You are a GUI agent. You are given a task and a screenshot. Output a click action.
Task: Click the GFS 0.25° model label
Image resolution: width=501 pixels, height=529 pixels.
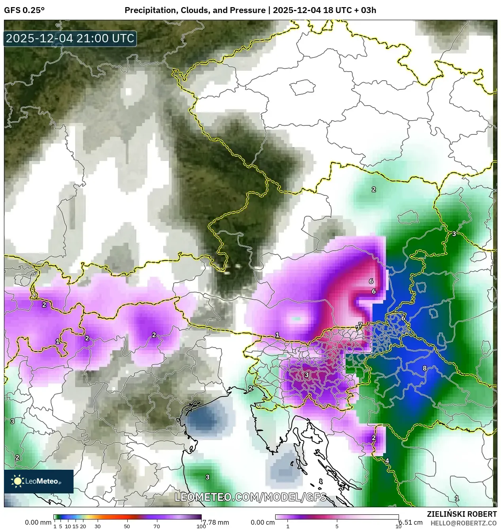(24, 10)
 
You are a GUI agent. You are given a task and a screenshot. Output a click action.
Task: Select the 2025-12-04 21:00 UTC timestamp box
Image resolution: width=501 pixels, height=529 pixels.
(70, 38)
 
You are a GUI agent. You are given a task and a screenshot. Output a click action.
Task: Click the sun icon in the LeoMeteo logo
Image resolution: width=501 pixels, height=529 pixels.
(17, 481)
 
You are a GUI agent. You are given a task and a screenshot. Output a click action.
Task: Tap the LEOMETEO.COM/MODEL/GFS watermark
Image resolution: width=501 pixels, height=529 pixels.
(251, 497)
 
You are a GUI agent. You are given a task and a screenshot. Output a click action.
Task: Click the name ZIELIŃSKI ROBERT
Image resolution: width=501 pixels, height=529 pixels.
(461, 514)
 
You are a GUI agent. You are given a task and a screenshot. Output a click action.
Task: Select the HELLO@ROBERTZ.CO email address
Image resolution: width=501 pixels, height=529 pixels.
(463, 523)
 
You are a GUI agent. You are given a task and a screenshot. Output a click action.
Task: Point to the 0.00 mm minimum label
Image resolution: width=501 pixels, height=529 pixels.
(38, 522)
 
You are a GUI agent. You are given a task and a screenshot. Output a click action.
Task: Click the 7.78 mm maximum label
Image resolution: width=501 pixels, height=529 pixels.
(216, 522)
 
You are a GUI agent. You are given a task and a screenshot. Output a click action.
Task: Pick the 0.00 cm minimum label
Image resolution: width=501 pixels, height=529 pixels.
(263, 522)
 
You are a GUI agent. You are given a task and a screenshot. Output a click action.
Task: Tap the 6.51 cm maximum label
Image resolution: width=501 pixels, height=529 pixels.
(411, 522)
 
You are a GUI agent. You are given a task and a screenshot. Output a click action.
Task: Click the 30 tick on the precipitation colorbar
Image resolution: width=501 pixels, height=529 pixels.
(98, 526)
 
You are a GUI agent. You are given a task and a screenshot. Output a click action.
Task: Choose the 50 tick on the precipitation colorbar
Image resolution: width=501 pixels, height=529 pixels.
(127, 526)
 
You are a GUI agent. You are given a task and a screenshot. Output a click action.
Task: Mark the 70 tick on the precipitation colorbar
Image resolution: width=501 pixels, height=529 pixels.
(157, 526)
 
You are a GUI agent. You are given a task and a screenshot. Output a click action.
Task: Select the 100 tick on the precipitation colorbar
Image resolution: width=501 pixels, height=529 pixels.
(201, 526)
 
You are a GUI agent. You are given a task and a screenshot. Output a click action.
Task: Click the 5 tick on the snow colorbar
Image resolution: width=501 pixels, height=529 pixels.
(337, 526)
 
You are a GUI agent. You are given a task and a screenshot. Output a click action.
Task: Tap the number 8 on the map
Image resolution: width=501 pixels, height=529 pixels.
(425, 368)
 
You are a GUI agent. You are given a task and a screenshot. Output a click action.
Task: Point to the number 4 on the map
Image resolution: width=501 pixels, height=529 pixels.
(387, 461)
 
